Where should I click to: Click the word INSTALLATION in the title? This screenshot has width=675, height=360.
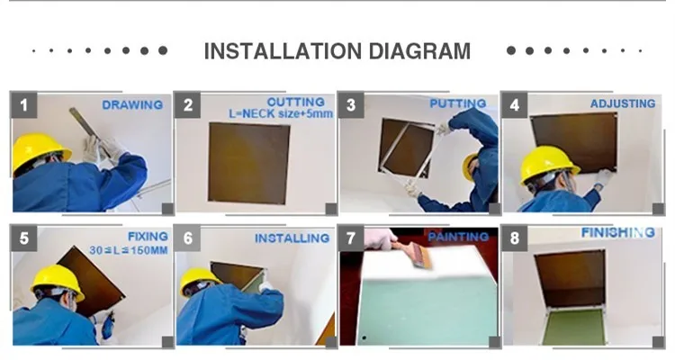point(283,50)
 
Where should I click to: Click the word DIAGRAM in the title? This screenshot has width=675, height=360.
point(419,50)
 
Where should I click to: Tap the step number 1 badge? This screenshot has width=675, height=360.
point(23,105)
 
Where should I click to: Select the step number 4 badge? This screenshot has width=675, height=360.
point(515,105)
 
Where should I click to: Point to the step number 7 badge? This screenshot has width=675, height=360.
point(351,238)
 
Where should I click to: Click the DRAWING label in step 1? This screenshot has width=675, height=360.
point(132,104)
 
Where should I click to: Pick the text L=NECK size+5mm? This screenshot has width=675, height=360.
point(281,113)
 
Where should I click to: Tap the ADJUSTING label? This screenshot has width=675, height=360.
point(623,103)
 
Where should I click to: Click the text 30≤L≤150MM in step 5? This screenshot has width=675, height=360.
point(129,250)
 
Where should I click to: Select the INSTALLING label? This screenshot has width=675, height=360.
point(292,238)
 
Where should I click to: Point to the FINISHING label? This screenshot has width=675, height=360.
point(618,232)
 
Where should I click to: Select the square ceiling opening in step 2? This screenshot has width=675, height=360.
point(248,163)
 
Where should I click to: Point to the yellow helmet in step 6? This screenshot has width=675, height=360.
point(199,280)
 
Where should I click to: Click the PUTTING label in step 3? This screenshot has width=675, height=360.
point(458,103)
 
